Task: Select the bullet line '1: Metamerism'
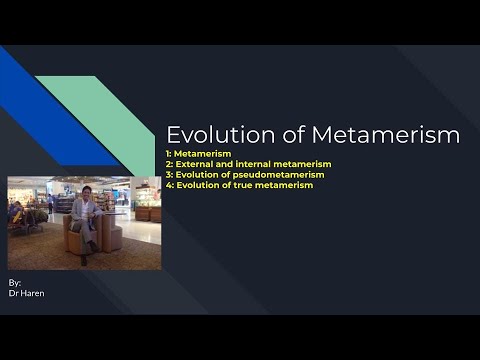click(199, 154)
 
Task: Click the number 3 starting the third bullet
click(170, 174)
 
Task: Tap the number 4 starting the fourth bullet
click(170, 185)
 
